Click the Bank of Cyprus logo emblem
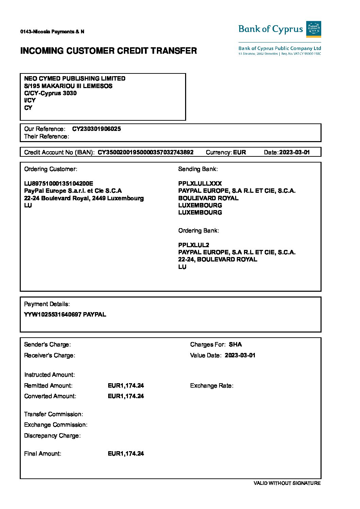point(313,29)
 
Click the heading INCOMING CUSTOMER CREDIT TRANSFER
point(109,51)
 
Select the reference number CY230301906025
point(96,129)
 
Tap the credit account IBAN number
point(146,152)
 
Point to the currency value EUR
point(240,152)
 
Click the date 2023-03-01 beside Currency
point(294,152)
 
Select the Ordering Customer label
point(51,169)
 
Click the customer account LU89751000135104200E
point(59,184)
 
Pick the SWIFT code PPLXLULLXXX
point(200,184)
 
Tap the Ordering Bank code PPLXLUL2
point(194,245)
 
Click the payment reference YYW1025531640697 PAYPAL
point(65,315)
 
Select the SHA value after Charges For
point(235,344)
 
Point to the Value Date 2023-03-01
point(240,355)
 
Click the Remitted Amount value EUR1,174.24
point(126,386)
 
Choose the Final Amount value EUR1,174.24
point(126,454)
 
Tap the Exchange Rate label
point(212,386)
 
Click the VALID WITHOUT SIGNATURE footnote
point(287,483)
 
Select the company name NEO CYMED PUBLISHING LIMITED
point(75,79)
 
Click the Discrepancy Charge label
point(52,436)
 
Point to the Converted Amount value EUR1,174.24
point(126,396)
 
